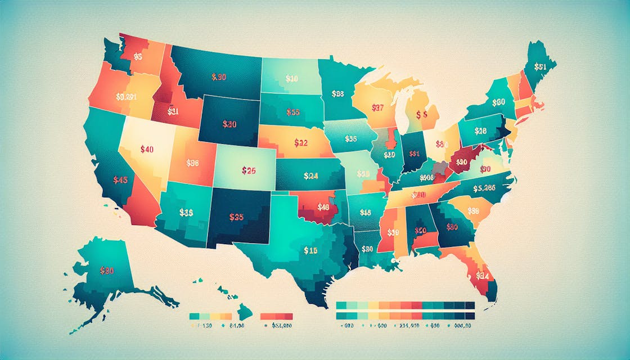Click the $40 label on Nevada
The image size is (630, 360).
pos(146,150)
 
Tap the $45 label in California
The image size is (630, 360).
pos(120,181)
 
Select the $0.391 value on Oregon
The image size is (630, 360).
pos(125,96)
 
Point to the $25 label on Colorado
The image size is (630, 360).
pos(248,170)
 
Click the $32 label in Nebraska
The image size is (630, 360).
pos(300,143)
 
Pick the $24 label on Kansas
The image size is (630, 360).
pos(310,175)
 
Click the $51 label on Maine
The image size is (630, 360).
pos(540,66)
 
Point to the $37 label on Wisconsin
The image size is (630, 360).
pos(378,107)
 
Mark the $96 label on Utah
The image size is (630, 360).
pos(192,163)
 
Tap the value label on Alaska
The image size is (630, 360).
pos(107,271)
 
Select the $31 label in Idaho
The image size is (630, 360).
pos(173,111)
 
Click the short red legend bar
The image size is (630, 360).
pos(277,316)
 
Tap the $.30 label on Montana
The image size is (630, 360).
pos(219,77)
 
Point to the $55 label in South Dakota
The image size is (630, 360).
pos(292,112)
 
